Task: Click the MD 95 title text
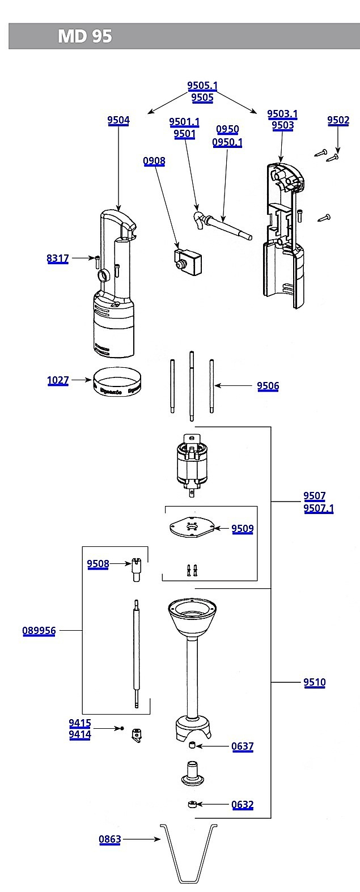[x=85, y=36]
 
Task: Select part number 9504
[x=118, y=120]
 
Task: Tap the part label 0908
[x=154, y=161]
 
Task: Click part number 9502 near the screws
[x=338, y=120]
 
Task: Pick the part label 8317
[x=58, y=258]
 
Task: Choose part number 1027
[x=58, y=380]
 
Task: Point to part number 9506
[x=268, y=386]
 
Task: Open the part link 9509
[x=243, y=528]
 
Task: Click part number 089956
[x=39, y=631]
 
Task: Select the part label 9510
[x=315, y=682]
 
